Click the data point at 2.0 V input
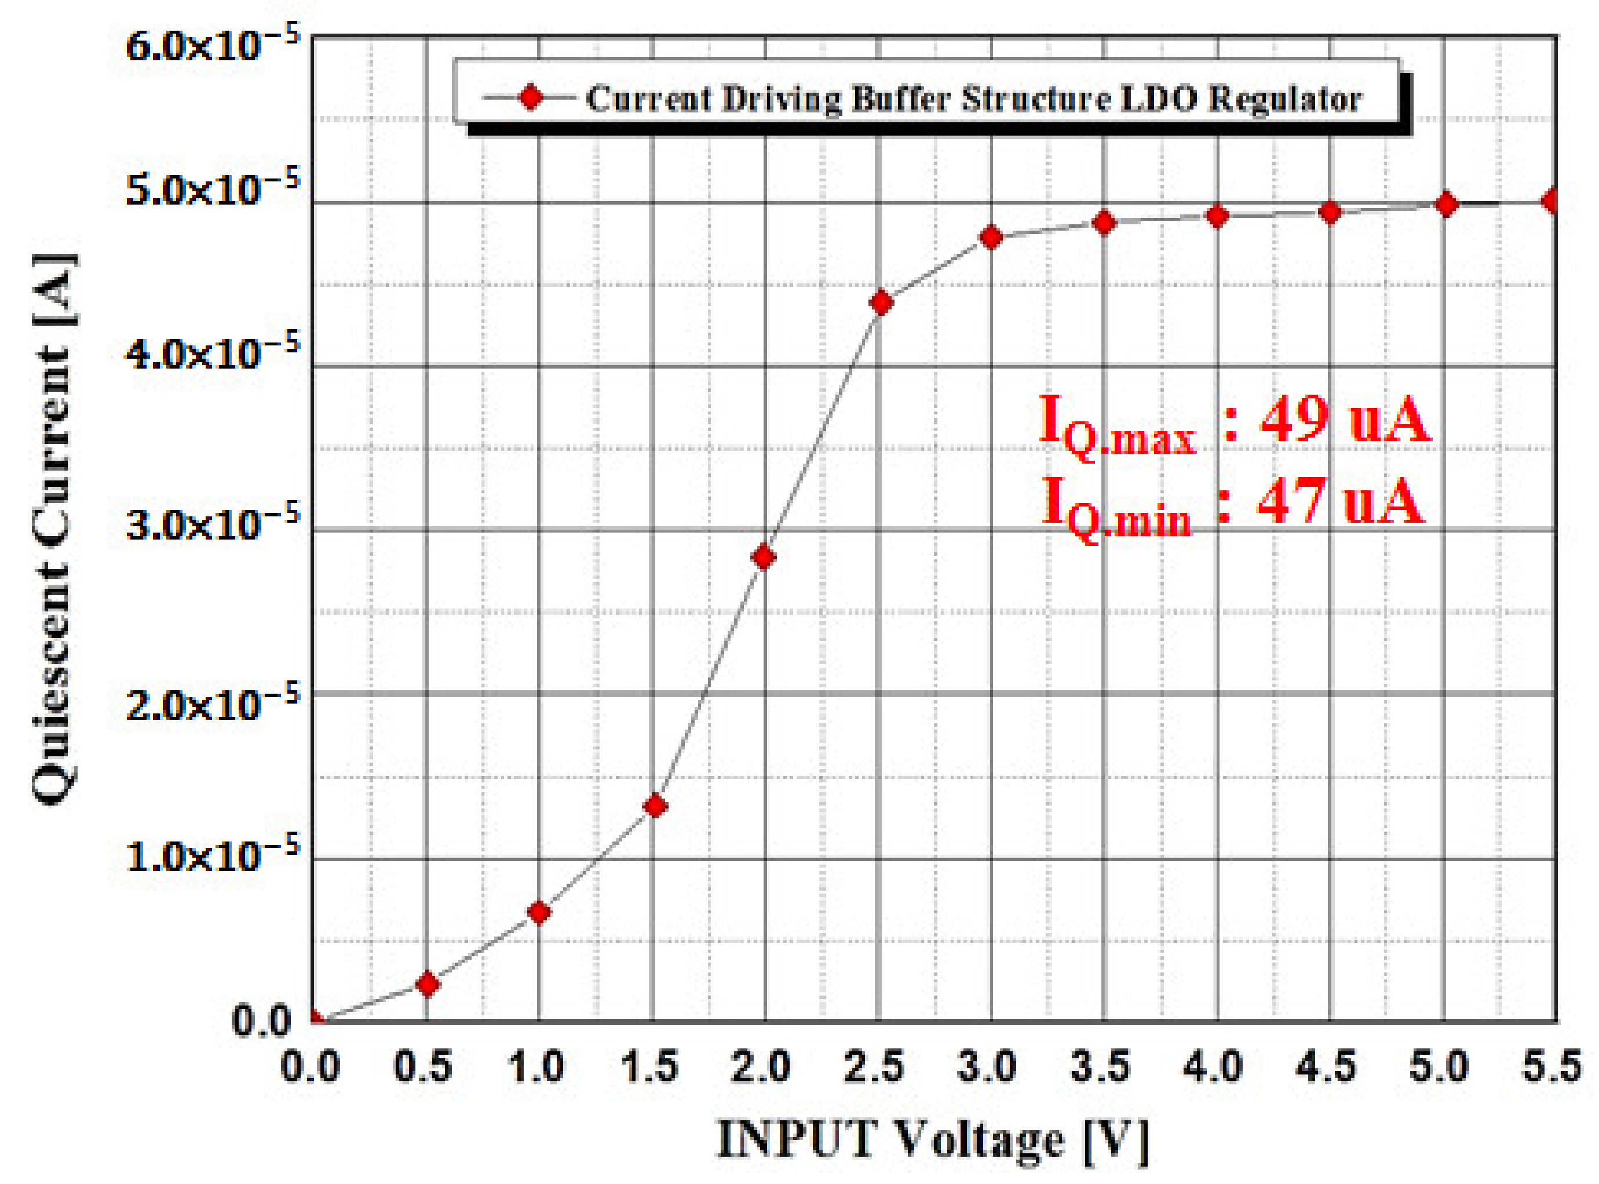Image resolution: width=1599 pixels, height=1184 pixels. (764, 557)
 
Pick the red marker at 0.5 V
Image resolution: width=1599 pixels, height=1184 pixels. (428, 984)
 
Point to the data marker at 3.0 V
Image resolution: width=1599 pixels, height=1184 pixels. (991, 237)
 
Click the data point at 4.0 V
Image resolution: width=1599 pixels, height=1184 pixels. (1217, 216)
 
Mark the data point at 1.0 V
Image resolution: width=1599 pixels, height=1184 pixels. (539, 912)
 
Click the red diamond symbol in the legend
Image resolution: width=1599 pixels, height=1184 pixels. (531, 97)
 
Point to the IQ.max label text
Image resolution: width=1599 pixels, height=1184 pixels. (1116, 427)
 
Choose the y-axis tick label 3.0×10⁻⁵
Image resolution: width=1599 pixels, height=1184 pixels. (212, 524)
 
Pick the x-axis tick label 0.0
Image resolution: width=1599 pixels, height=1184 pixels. (310, 1067)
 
